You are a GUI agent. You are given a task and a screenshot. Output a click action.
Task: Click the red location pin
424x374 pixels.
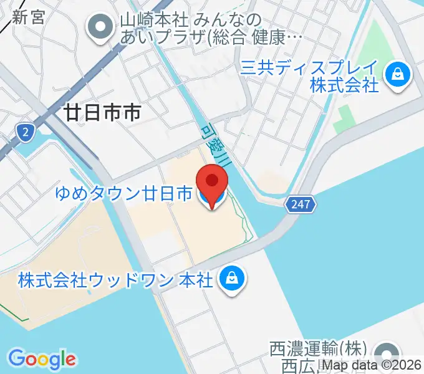pos(212,182)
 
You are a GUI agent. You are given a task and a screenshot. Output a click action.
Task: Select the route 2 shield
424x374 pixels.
pos(24,132)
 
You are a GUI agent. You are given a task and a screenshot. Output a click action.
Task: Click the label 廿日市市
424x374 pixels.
pos(102,112)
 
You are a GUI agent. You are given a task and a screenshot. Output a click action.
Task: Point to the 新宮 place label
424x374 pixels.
pos(28,17)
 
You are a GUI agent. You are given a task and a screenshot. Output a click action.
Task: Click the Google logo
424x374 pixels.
pos(42,359)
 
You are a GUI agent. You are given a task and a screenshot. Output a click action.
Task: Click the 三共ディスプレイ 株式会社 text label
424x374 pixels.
pos(309,76)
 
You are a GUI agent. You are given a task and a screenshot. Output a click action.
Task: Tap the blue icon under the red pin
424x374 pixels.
pos(205,196)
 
